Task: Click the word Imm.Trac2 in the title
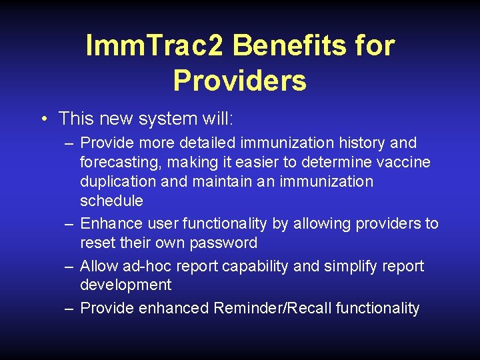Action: pyautogui.click(x=155, y=46)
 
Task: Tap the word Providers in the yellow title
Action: pyautogui.click(x=239, y=81)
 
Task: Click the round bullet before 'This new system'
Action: pyautogui.click(x=43, y=119)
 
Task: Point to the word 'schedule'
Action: pyautogui.click(x=111, y=201)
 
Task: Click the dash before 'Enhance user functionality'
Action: pyautogui.click(x=69, y=223)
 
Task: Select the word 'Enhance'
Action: pyautogui.click(x=109, y=223)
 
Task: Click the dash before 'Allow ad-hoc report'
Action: pyautogui.click(x=69, y=266)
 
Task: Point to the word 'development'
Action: pyautogui.click(x=125, y=285)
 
